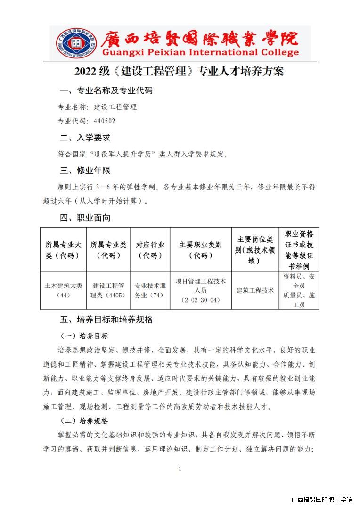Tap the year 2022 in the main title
click(85, 72)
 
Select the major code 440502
click(104, 121)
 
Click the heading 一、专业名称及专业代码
click(106, 90)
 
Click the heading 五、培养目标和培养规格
click(106, 319)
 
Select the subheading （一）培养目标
click(84, 336)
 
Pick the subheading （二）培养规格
click(84, 420)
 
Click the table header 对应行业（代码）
click(150, 250)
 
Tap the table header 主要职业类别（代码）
click(200, 250)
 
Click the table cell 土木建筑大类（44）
click(63, 290)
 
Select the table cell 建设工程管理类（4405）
click(108, 290)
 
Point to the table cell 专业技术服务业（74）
click(150, 290)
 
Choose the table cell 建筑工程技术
click(255, 290)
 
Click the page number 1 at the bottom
click(180, 468)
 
